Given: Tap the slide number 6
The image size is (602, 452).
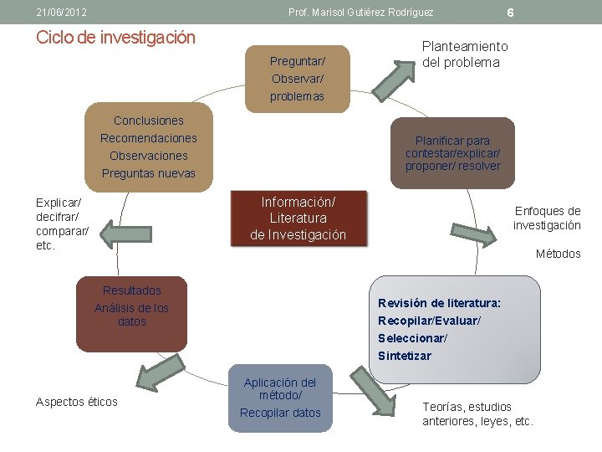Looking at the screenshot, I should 510,13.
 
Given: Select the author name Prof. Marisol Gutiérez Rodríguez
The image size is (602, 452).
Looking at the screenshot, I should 360,13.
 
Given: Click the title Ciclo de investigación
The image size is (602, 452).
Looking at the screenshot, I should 116,38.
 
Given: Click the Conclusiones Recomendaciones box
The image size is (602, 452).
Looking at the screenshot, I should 148,147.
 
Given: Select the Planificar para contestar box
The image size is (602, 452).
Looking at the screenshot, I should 452,153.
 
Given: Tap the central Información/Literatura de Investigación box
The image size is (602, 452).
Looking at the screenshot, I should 298,218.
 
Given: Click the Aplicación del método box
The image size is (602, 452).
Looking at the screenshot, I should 280,398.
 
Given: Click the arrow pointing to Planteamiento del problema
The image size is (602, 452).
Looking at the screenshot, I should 388,75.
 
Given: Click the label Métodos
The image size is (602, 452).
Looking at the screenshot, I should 558,254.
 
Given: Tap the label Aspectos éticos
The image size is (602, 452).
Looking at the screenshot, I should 77,403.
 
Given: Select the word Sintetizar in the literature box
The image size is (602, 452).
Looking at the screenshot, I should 405,356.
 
